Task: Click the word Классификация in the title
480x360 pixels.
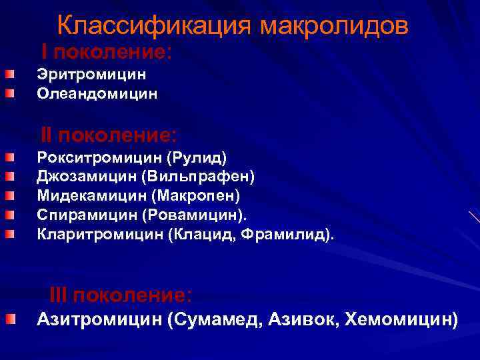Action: [x=155, y=25]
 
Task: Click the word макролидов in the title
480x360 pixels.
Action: [x=334, y=25]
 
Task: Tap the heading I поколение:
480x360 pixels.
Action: [x=107, y=52]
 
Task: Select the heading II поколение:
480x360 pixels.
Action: [x=109, y=135]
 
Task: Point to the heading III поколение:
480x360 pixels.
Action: [x=121, y=295]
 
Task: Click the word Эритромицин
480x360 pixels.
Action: [x=91, y=75]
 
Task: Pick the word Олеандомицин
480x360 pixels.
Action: [x=97, y=93]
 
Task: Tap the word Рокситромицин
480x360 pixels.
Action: [x=99, y=158]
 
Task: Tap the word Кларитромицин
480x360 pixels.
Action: [x=100, y=235]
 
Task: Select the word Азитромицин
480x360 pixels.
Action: [x=99, y=320]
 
